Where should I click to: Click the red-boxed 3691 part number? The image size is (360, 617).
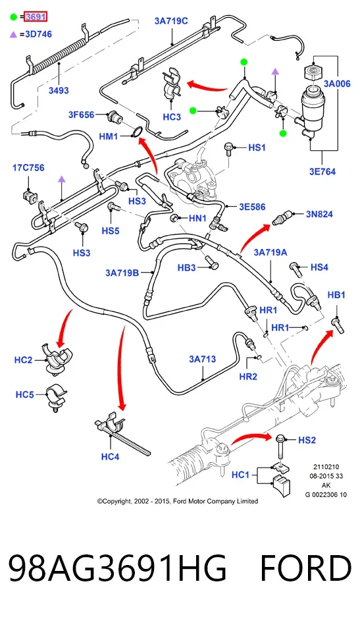point(36,17)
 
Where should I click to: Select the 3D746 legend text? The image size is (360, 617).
point(39,34)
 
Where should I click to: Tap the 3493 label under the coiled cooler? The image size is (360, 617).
point(59,90)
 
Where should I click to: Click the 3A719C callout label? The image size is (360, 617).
point(171,21)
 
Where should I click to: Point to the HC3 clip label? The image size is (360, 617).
point(172,117)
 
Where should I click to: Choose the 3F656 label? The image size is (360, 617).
point(82,115)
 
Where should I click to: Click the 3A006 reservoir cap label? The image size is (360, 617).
point(337,84)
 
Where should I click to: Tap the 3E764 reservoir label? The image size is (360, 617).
point(322,172)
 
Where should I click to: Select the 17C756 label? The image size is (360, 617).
point(28,168)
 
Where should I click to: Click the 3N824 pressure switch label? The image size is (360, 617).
point(319,214)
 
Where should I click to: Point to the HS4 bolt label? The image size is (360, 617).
point(319,267)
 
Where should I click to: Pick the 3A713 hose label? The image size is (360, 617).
point(203,359)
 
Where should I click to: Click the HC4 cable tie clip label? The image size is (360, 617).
point(110,457)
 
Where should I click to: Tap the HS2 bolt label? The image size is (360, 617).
point(307,440)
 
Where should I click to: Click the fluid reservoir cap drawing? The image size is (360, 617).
point(313,73)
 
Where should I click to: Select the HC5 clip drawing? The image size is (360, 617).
point(56,398)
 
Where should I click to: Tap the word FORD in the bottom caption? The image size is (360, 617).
point(305,568)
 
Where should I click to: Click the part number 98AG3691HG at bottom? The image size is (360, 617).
point(118,568)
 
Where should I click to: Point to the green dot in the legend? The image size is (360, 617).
point(14,17)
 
